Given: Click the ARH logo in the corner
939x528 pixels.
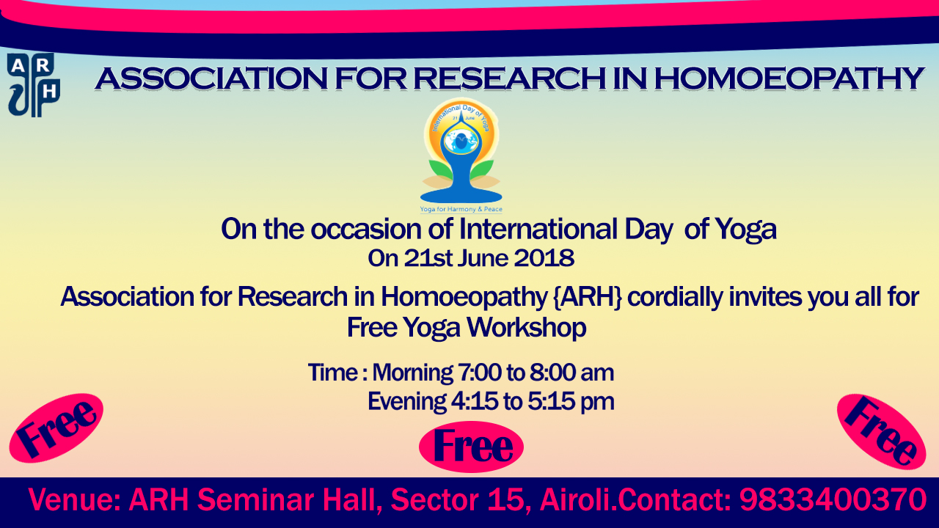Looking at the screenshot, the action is click(34, 85).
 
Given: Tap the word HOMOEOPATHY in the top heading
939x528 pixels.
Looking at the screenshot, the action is click(789, 78).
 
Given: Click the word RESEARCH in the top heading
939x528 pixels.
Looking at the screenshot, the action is click(510, 78).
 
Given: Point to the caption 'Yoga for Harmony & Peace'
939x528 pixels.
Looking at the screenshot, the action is click(461, 209).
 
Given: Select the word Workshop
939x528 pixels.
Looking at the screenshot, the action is click(527, 327).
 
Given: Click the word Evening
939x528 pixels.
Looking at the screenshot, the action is click(406, 401).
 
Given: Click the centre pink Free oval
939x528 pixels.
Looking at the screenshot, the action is click(471, 447).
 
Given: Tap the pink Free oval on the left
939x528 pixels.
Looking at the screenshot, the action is click(56, 428).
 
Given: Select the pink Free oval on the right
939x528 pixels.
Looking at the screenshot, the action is click(881, 432).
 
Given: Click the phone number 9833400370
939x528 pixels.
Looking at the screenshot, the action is click(833, 499).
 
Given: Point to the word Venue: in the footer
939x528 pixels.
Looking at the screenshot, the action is click(75, 499).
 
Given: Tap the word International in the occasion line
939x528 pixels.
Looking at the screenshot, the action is click(538, 230).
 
